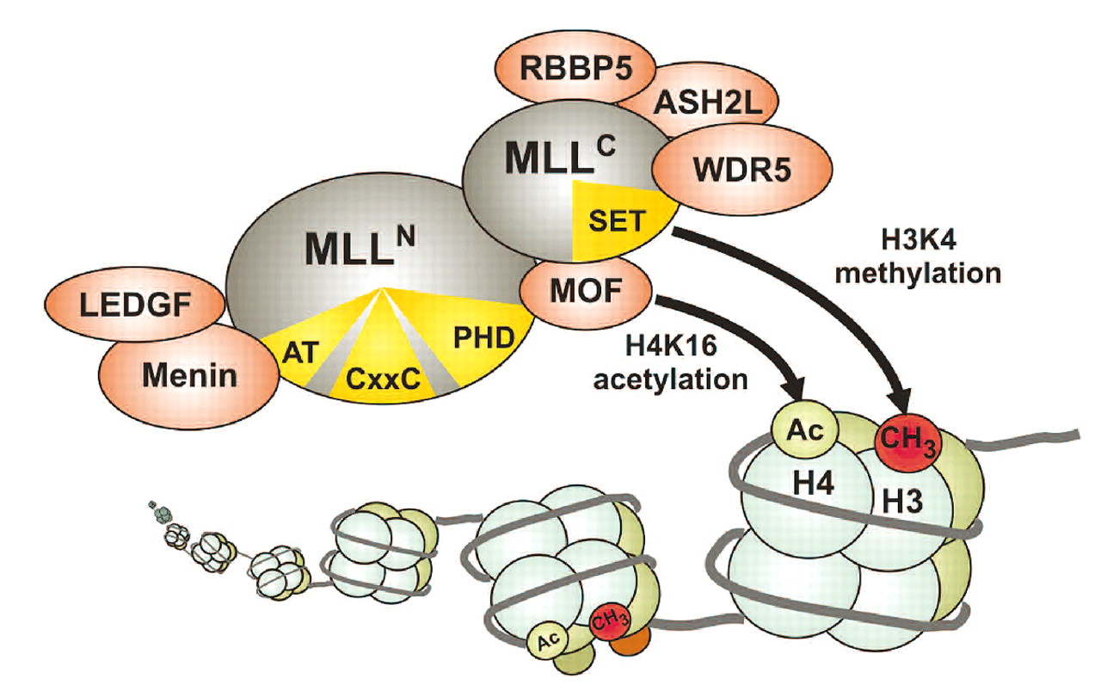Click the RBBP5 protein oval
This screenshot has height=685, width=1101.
pyautogui.click(x=562, y=70)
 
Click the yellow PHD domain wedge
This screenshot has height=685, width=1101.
pyautogui.click(x=477, y=338)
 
